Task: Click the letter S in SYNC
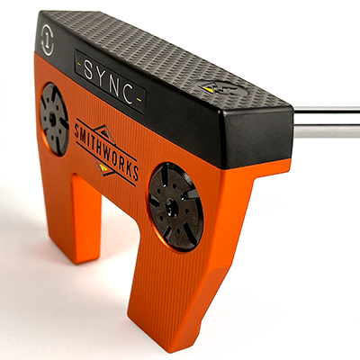[88, 69]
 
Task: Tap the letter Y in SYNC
[101, 76]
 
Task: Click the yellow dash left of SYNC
[79, 64]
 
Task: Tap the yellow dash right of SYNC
[139, 99]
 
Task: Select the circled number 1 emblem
[48, 40]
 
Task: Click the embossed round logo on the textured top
[221, 88]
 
